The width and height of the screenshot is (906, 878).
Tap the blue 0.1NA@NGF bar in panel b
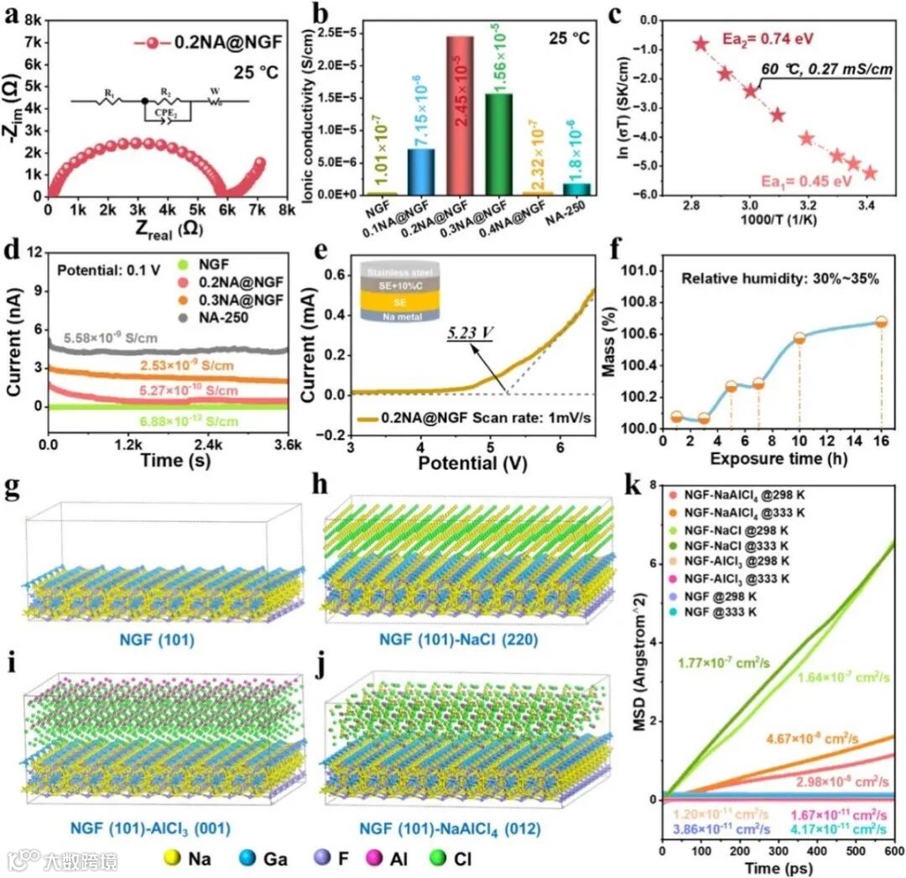pos(420,171)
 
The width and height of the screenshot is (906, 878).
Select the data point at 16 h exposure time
pos(881,322)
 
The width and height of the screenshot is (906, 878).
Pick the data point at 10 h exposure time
pos(799,338)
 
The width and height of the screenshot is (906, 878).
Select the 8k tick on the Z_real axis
pos(287,211)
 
